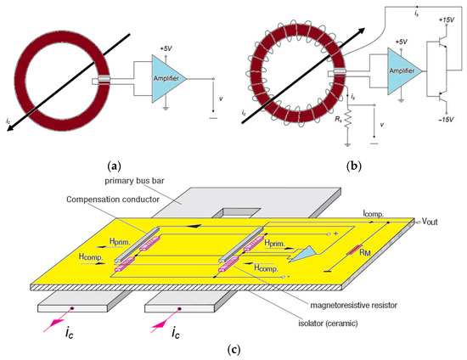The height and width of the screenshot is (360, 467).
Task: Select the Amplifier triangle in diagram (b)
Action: pyautogui.click(x=404, y=70)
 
